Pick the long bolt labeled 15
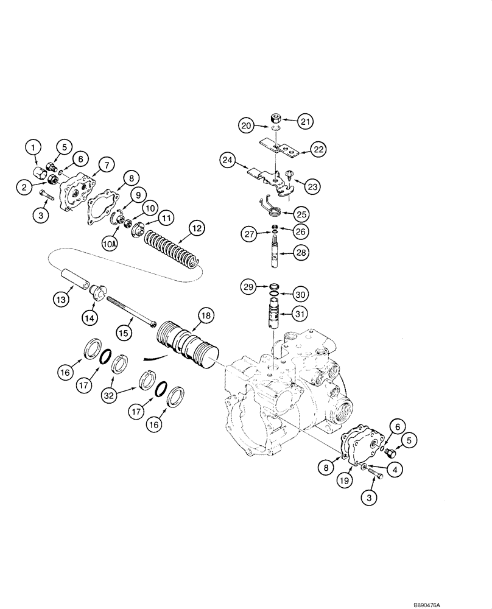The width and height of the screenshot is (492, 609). click(131, 311)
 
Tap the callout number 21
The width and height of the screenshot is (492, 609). click(305, 122)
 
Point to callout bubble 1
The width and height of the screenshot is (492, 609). click(33, 146)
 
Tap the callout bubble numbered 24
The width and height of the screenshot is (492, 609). click(228, 161)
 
